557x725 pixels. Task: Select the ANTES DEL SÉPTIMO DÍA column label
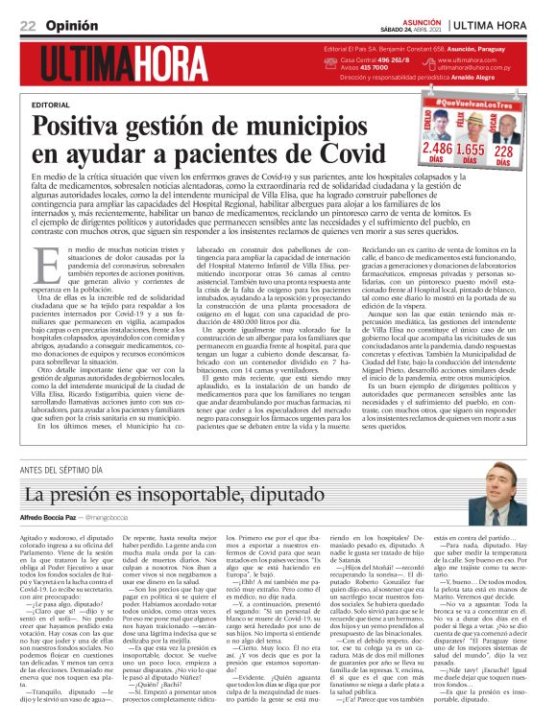[x=61, y=469]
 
